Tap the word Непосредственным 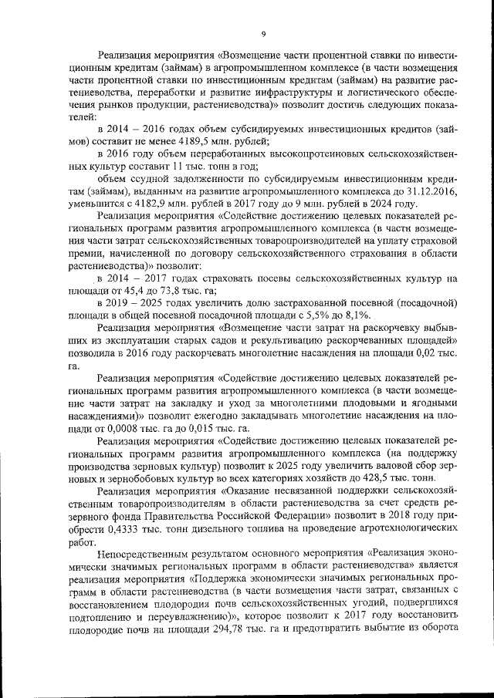144,553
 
